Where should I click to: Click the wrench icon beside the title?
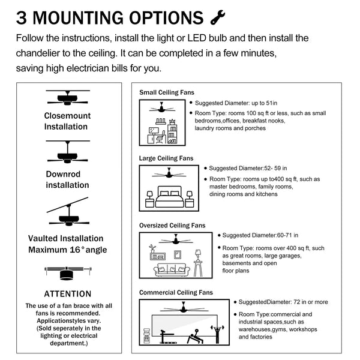coord(217,17)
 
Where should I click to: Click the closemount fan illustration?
coord(68,98)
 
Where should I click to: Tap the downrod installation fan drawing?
coord(68,152)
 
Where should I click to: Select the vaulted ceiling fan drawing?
coord(68,212)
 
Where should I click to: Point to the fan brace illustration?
coord(68,273)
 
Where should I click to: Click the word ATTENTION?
coord(68,294)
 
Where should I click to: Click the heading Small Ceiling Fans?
coord(167,92)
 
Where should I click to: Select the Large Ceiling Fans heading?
coord(166,158)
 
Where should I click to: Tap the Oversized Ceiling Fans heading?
coord(172,226)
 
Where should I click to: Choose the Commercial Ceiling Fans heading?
coord(176,293)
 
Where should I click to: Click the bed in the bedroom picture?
coord(170,197)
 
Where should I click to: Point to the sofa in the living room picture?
coord(172,270)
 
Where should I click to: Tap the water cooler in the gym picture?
coord(146,336)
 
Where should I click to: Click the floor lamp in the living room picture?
coord(198,263)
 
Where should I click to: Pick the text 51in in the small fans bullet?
coord(271,103)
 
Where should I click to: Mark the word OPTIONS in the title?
coord(166,18)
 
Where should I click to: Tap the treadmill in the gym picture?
coord(167,337)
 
